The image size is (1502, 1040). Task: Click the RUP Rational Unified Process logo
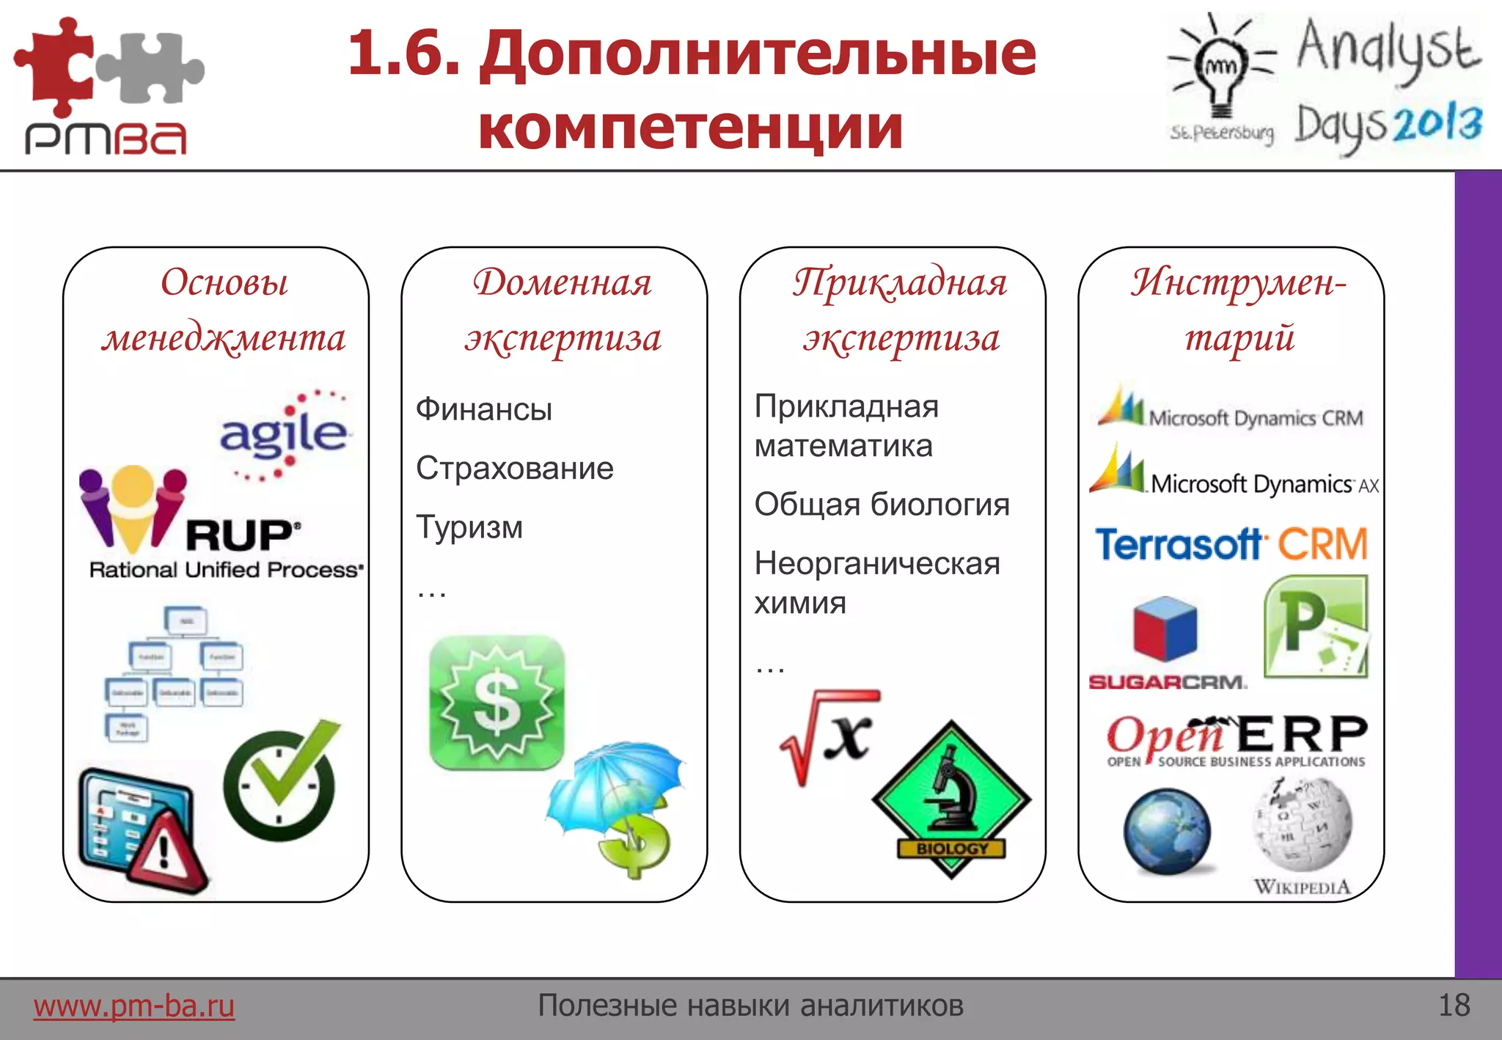point(220,524)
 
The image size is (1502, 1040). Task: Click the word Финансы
point(484,409)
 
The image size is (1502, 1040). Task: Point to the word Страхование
point(514,468)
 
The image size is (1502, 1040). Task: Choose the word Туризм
point(469,527)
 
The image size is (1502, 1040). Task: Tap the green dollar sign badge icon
point(497,703)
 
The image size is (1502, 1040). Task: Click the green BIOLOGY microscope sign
point(951,799)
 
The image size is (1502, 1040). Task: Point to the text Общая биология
point(882,505)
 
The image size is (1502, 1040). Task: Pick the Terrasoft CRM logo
point(1231,544)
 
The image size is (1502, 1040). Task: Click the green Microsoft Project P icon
point(1316,626)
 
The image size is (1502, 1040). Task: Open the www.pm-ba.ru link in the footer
point(134,1006)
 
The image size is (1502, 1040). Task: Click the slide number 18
point(1454,1005)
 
